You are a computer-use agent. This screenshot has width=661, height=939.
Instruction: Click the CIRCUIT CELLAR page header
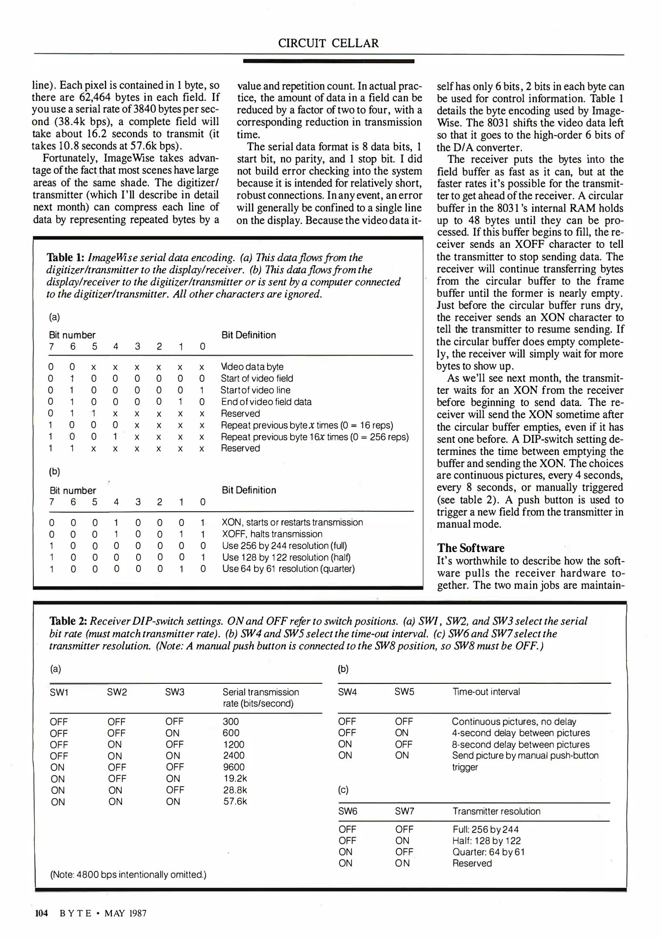point(328,43)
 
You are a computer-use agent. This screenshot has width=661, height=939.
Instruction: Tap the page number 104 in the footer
point(41,913)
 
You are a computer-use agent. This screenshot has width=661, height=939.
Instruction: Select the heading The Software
point(470,548)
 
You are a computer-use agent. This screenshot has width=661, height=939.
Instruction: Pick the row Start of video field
point(257,378)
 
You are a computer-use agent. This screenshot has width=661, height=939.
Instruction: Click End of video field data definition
point(266,402)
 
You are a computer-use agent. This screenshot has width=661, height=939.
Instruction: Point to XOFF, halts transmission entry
point(272,534)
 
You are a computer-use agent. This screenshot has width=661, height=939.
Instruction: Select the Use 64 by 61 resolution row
point(288,569)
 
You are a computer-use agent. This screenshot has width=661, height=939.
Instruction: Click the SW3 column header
point(174,692)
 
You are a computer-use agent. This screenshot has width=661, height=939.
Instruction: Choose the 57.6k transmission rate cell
point(235,801)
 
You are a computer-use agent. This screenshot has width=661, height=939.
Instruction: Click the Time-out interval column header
point(486,692)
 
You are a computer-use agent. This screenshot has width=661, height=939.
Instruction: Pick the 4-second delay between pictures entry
point(520,733)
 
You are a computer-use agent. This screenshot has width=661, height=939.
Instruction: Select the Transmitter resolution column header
point(496,811)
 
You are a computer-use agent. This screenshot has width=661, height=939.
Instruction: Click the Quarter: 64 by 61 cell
point(488,852)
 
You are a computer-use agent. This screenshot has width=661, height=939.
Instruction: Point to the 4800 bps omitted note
point(128,874)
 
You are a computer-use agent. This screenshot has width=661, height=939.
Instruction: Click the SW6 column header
point(347,811)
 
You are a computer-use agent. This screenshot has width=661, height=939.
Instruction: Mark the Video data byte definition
point(252,366)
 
